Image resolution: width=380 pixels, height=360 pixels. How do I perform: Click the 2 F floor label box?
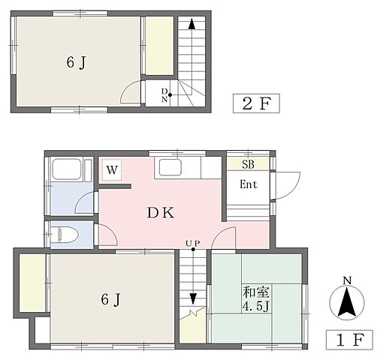256,103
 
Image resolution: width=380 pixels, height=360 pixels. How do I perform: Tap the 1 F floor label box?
349,340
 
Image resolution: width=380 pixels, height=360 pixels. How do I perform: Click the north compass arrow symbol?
347,302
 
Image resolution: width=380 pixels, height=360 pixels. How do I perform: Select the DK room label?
160,213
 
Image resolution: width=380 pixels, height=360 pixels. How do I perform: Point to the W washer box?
112,169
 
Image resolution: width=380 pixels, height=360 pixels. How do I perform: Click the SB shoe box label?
248,164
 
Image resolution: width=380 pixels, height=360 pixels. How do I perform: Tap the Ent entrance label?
248,184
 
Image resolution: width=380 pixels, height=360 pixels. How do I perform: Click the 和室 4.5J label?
256,299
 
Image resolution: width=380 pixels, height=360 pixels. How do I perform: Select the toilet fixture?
65,235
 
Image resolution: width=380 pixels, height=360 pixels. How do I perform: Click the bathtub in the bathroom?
66,169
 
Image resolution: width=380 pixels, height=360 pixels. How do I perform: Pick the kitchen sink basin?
170,167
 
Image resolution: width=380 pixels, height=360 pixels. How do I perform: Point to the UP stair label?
193,243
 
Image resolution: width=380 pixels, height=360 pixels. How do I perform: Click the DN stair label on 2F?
164,95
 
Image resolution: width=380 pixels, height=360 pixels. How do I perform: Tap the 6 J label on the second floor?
77,62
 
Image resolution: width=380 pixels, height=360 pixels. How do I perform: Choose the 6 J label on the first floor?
111,299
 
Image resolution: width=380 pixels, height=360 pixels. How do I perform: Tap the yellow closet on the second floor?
160,46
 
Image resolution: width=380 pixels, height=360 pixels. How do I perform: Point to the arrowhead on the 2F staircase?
192,24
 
